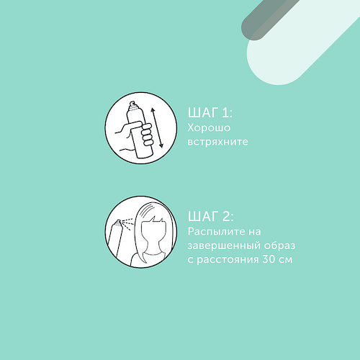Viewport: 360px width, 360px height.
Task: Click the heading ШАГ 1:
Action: pos(210,112)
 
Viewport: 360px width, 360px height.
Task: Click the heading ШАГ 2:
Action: pos(210,216)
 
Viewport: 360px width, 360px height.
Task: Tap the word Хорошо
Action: pos(209,127)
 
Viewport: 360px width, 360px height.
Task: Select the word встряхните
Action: pos(217,142)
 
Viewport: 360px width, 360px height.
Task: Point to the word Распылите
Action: pos(217,232)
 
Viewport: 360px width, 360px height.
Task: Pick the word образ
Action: pos(279,246)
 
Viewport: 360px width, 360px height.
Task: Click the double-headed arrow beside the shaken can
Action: pos(157,128)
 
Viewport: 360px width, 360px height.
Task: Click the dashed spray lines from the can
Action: pos(127,224)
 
